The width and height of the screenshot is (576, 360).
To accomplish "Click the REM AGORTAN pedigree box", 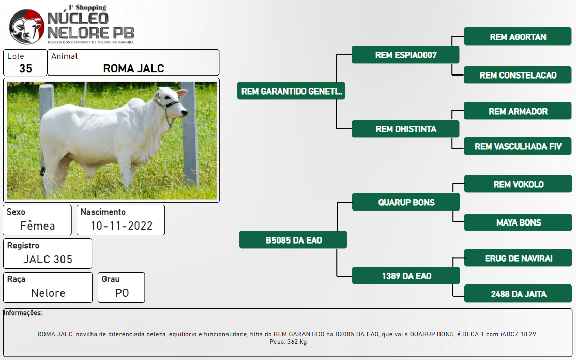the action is click(x=518, y=36).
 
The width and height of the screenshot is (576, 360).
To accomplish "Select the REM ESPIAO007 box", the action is click(x=405, y=55).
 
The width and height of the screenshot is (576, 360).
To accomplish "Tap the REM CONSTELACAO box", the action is click(x=518, y=75).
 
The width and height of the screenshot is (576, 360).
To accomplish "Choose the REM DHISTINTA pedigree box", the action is click(x=405, y=129).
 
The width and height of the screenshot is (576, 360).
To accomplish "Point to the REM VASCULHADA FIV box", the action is click(x=518, y=146).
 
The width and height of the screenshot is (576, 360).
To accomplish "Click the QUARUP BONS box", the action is click(x=406, y=202).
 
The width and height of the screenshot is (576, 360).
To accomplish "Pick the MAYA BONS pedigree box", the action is click(x=518, y=222).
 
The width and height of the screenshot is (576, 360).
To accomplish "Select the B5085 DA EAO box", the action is click(x=293, y=240).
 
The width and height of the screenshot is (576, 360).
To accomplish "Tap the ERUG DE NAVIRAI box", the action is click(x=518, y=258).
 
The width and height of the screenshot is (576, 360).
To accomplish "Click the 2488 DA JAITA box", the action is click(x=518, y=293).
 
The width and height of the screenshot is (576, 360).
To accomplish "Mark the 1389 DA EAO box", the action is click(x=406, y=276).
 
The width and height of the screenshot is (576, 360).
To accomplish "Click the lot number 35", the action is click(x=26, y=68).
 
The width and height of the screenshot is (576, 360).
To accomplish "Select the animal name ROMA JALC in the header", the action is click(x=134, y=68).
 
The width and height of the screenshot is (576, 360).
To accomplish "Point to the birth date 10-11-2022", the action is click(x=122, y=226).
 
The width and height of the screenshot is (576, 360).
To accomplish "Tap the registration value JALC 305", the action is click(x=48, y=259).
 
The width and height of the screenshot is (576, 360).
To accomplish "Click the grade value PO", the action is click(x=122, y=293).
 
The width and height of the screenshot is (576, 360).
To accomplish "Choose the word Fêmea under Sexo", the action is click(x=37, y=225).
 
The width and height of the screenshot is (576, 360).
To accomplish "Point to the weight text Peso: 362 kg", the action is click(x=288, y=342).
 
